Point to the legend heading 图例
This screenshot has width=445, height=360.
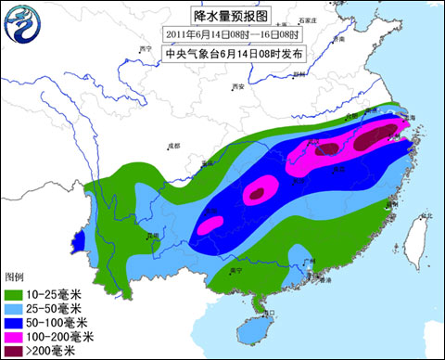tap(14, 276)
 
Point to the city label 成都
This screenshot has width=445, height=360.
tap(174, 146)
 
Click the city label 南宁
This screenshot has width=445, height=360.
tap(237, 269)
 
